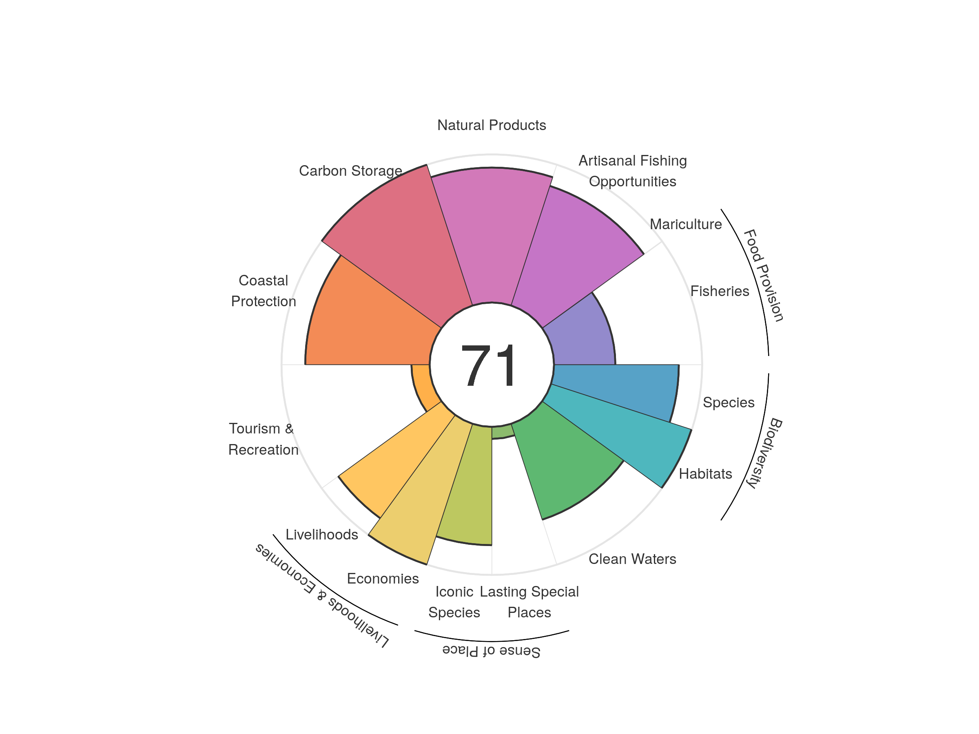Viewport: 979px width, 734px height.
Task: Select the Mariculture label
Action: point(686,224)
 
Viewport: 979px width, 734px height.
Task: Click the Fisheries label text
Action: point(720,291)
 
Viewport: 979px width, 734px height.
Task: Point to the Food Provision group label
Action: point(764,275)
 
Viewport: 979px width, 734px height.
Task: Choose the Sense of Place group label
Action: point(491,651)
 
